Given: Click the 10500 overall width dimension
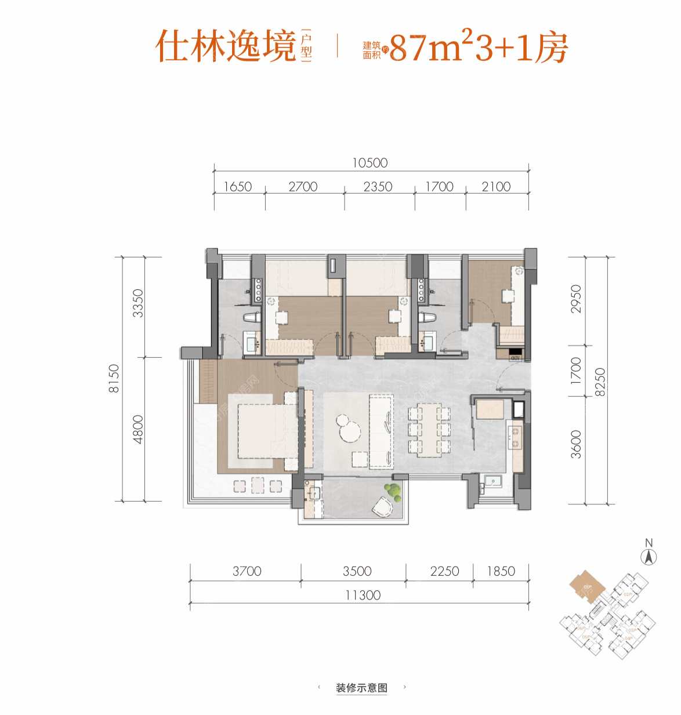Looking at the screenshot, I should (x=370, y=163).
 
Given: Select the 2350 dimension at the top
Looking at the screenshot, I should (x=378, y=187).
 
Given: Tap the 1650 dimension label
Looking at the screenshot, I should (x=238, y=187).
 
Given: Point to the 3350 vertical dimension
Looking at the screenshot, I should (x=137, y=303).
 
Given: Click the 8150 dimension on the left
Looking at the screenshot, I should (x=114, y=379).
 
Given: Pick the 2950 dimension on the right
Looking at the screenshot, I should (x=575, y=299).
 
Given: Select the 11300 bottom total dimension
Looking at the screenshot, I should (x=363, y=596).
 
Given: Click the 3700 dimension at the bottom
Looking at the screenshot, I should (x=247, y=571).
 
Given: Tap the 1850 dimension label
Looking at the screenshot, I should (x=501, y=571).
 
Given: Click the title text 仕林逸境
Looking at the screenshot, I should (x=226, y=46).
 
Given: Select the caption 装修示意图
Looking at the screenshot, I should (x=361, y=688).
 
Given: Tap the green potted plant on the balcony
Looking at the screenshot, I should (x=394, y=491).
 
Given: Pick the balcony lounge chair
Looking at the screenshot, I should (x=382, y=507).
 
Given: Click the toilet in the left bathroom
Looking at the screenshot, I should (x=252, y=318).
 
